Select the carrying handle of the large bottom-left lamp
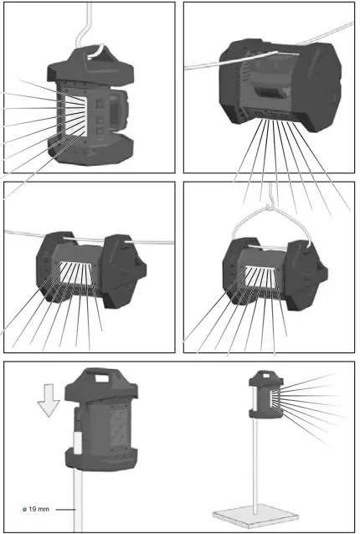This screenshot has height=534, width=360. (100, 377)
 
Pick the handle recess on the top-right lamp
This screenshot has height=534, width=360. (270, 91)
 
